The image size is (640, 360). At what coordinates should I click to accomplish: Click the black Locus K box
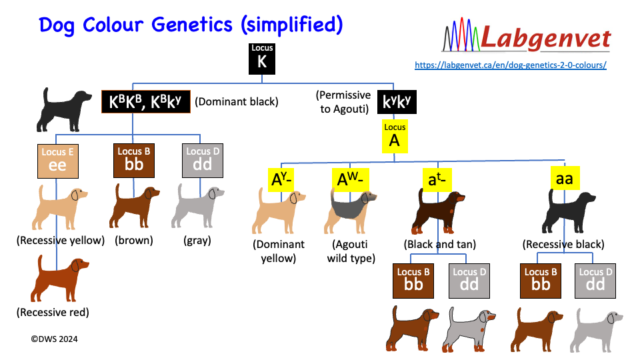[x=262, y=59]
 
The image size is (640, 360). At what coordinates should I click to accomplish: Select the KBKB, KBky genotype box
[x=146, y=101]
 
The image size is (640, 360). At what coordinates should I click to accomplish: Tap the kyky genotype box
[x=397, y=101]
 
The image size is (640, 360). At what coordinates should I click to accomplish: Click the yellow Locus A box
[x=395, y=136]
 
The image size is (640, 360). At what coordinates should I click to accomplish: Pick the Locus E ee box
[x=58, y=161]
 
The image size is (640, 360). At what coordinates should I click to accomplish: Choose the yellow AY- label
[x=281, y=179]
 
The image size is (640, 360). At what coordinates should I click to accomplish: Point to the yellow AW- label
[x=350, y=179]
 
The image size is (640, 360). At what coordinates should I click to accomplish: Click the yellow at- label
[x=437, y=179]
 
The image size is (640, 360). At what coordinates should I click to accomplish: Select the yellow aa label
[x=565, y=179]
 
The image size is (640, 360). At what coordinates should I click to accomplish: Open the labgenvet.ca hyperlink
[x=511, y=65]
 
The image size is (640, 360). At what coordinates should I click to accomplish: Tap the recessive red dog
[x=59, y=279]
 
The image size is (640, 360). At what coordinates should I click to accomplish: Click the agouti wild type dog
[x=350, y=211]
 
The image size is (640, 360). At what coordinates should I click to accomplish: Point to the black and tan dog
[x=438, y=211]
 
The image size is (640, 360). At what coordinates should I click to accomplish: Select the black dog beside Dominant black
[x=64, y=110]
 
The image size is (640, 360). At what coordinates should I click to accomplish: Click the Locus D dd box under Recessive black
[x=595, y=281]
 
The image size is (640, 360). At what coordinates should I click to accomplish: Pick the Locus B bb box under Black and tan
[x=413, y=281]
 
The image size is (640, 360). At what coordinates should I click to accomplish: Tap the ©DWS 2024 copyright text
[x=54, y=339]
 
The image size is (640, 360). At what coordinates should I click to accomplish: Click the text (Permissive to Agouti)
[x=344, y=102]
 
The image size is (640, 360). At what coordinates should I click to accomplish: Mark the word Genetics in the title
[x=192, y=25]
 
